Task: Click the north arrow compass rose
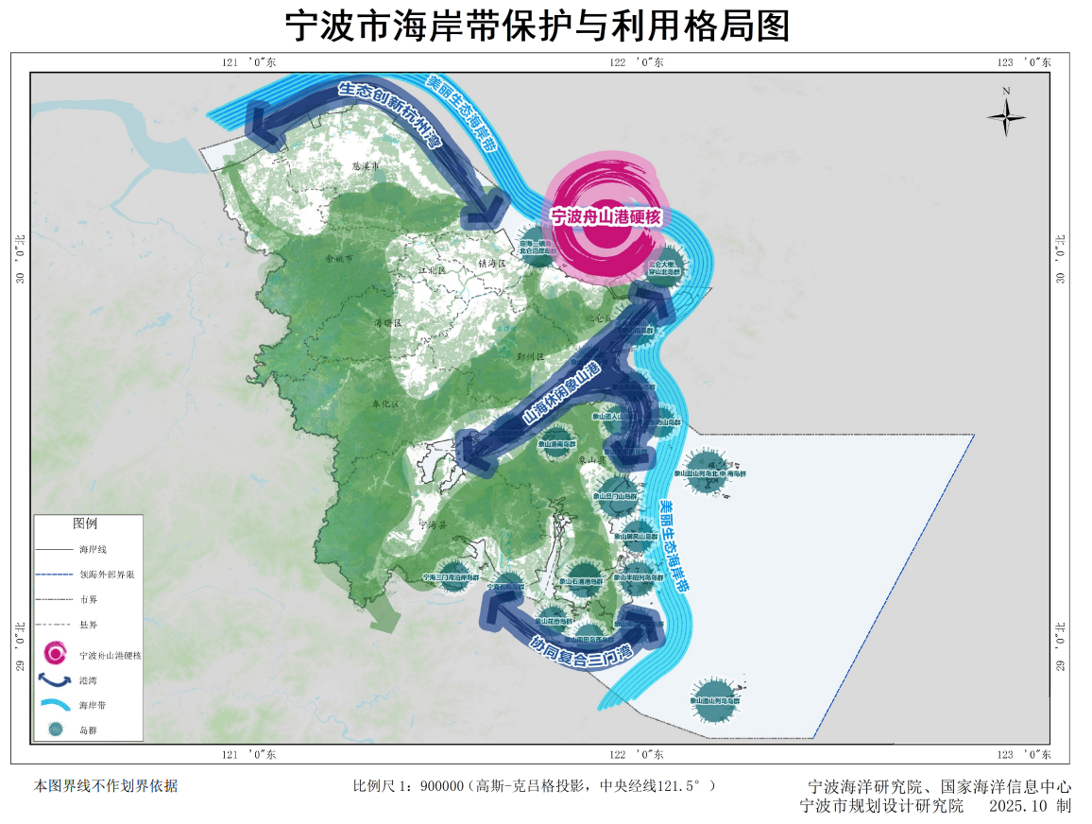coord(1007,116)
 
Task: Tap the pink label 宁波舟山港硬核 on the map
coord(606,216)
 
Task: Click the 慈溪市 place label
coord(364,165)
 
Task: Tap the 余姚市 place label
coord(338,257)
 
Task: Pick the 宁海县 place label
coord(432,522)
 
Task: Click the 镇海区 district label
coord(493,263)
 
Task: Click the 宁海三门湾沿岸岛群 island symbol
coord(452,575)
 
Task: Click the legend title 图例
coord(85,524)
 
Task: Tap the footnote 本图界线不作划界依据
coord(106,785)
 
